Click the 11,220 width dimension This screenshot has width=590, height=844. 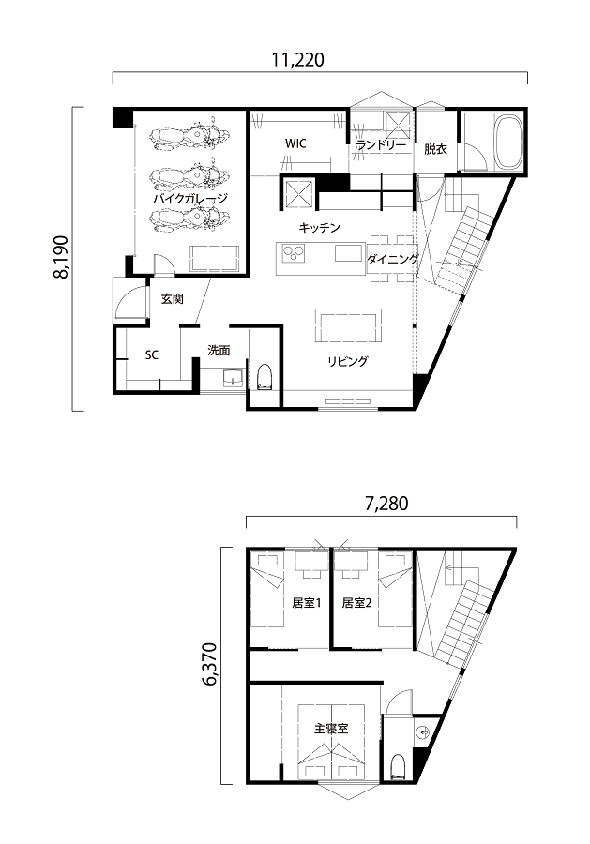297,60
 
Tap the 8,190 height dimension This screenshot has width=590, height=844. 61,257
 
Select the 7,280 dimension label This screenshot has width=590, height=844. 386,504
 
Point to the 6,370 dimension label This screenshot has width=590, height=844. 210,664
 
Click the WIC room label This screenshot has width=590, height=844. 295,143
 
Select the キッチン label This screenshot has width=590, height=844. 320,228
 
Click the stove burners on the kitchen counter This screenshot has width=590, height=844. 294,252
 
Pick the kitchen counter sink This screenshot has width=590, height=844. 348,253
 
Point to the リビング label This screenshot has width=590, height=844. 348,361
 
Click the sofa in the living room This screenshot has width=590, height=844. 348,325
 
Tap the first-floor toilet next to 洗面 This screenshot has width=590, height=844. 265,377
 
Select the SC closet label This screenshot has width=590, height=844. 152,355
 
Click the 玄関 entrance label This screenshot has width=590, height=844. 173,299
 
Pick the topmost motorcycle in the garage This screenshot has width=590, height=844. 189,137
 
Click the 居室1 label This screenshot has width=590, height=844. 307,603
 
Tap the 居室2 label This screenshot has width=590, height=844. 356,603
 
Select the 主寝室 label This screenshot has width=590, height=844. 332,729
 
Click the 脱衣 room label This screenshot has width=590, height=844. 435,149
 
